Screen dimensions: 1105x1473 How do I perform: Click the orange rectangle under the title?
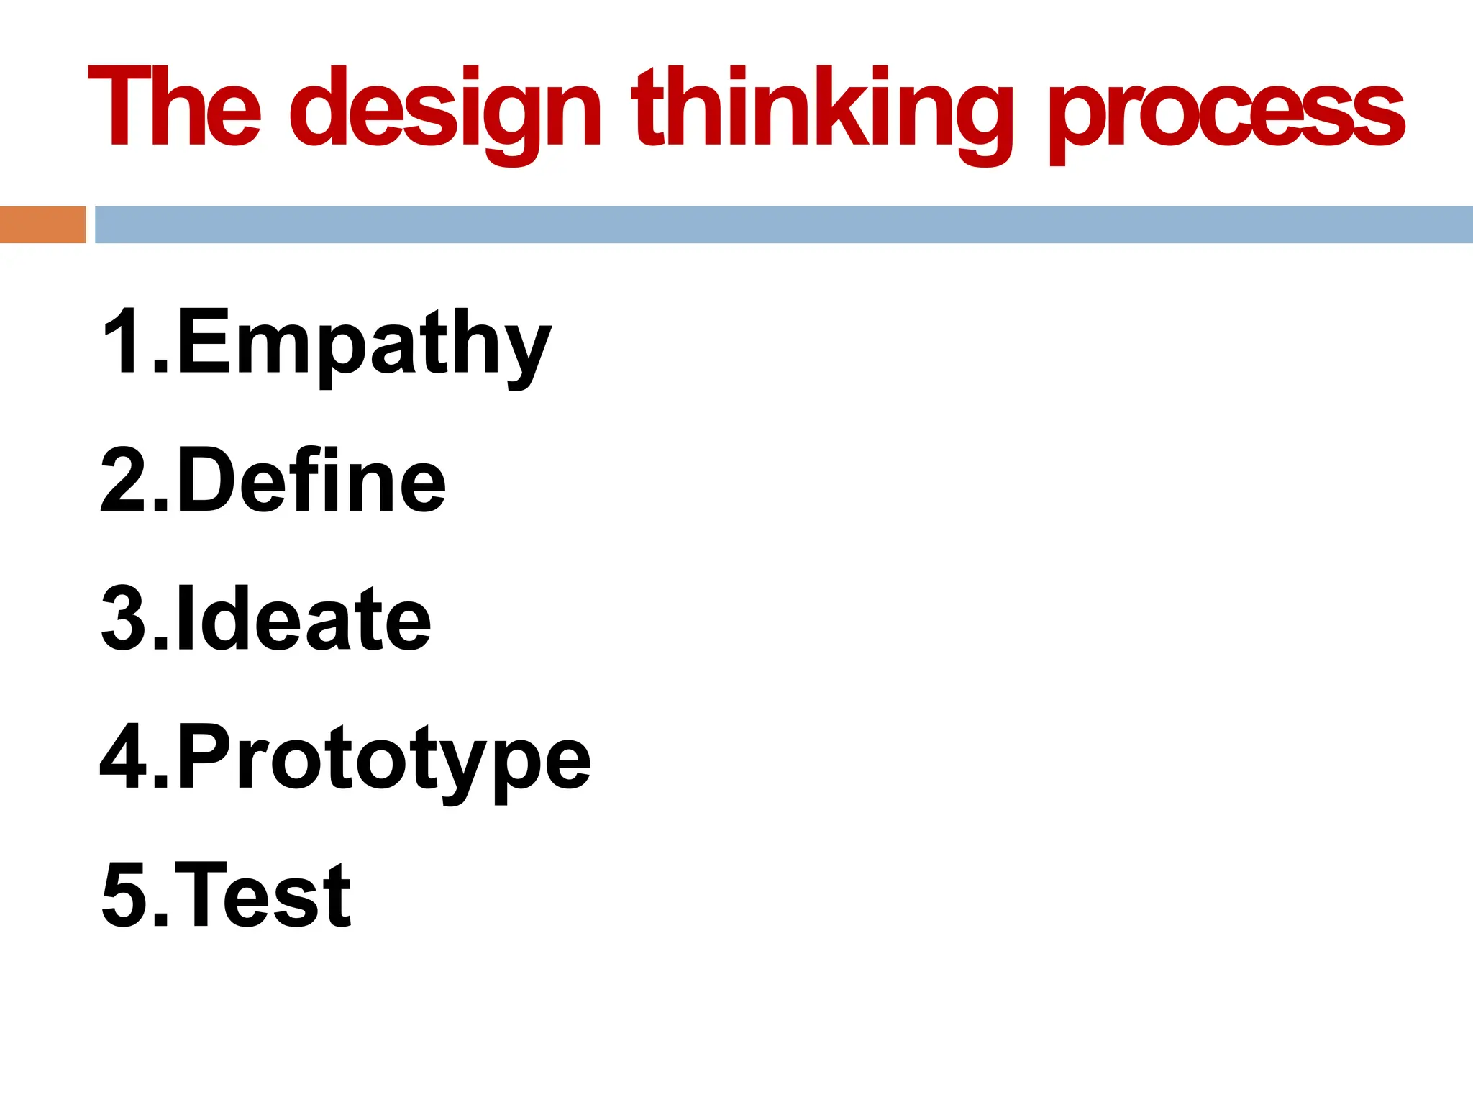(x=42, y=224)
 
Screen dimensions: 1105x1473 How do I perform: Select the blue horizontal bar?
(x=783, y=224)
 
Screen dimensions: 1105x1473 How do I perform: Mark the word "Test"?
(x=263, y=896)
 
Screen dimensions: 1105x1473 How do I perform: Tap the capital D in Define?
(x=209, y=479)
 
